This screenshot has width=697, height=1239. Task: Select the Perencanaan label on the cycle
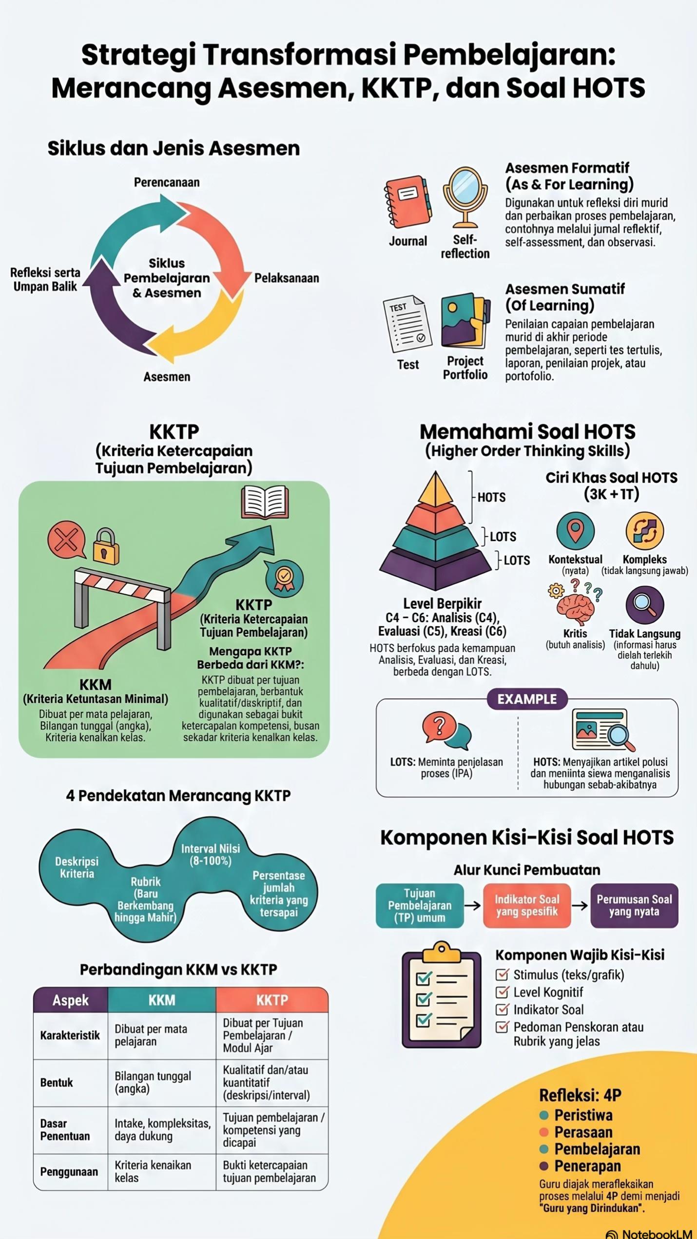(167, 182)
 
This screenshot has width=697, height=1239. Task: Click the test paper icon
(407, 323)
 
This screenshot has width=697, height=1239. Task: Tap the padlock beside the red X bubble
(106, 546)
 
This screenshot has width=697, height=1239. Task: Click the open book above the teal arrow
(265, 502)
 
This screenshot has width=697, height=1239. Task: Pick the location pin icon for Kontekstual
(576, 531)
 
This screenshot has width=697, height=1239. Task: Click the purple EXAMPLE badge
(527, 699)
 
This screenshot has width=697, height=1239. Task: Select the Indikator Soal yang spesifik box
(527, 906)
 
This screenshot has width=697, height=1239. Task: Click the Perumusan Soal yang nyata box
(634, 906)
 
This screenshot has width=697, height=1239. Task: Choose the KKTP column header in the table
(272, 1000)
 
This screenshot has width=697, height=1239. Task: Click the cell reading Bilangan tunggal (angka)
(153, 1083)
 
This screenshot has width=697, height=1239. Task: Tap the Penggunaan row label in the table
(69, 1172)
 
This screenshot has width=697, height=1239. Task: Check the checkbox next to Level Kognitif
(502, 992)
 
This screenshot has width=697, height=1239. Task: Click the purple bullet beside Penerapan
(544, 1166)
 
